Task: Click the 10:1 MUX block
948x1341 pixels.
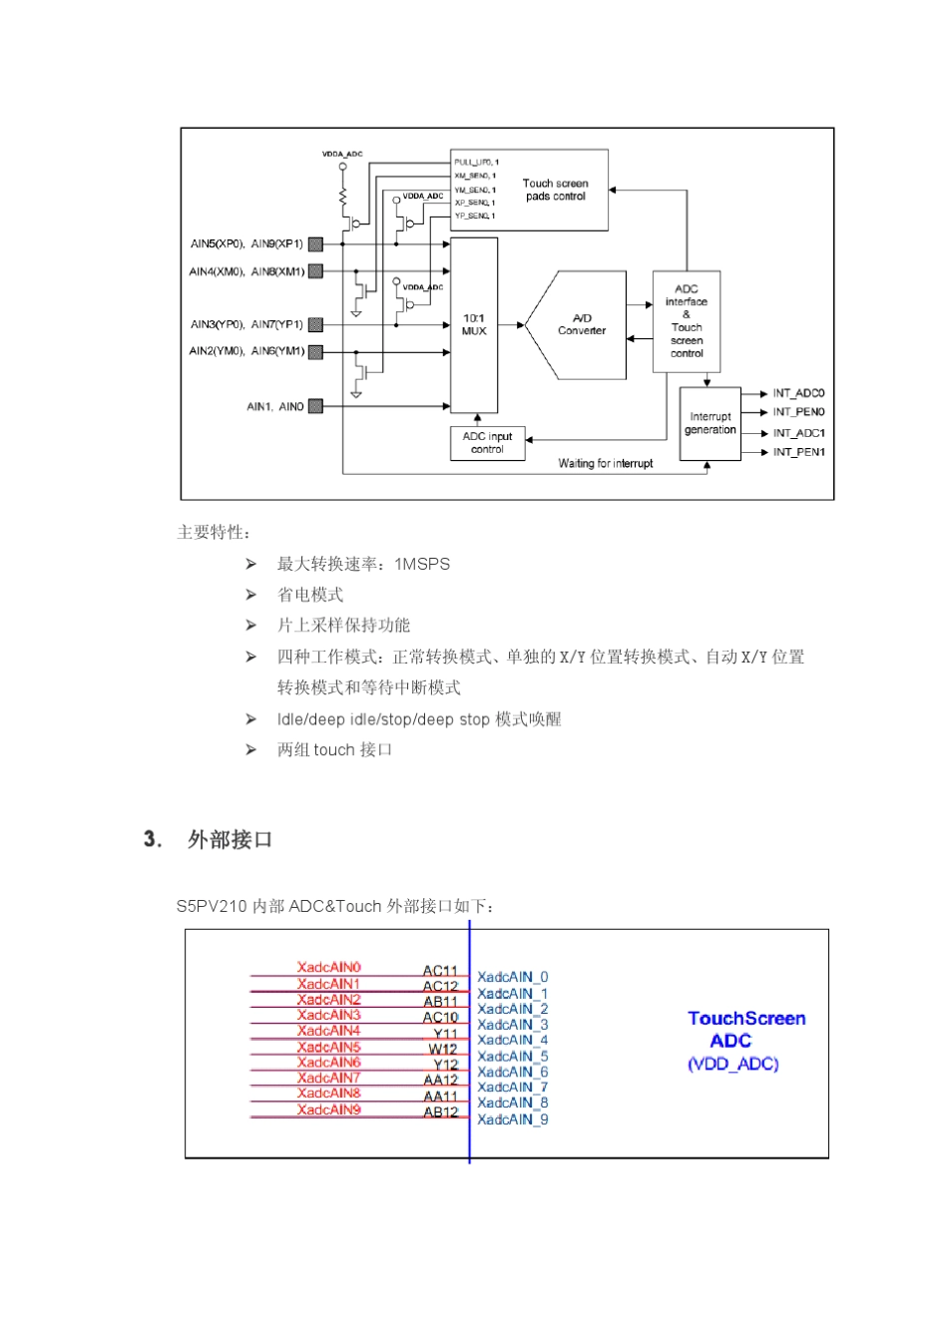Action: (474, 325)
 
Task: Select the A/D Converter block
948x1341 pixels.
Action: (582, 325)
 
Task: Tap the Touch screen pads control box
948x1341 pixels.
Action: (555, 190)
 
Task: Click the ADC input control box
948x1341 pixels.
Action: (487, 443)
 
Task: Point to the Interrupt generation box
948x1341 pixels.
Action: (711, 423)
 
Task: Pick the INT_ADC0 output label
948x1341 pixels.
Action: (798, 393)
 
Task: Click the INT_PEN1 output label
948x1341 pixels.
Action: (798, 452)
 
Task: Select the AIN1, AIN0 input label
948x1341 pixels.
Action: (274, 406)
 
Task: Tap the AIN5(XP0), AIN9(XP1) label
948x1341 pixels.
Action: (246, 243)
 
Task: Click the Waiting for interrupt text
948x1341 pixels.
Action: (606, 463)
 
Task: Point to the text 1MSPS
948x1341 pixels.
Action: (422, 564)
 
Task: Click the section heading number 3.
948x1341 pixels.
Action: (153, 839)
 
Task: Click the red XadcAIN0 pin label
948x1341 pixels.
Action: (328, 967)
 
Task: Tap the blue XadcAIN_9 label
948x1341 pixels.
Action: (512, 1119)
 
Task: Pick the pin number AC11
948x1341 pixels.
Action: (440, 970)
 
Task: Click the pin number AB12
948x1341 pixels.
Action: (440, 1112)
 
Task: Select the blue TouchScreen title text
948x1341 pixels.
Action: (746, 1019)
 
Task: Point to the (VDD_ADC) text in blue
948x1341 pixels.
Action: (732, 1064)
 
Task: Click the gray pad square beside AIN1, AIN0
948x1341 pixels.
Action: (315, 406)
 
